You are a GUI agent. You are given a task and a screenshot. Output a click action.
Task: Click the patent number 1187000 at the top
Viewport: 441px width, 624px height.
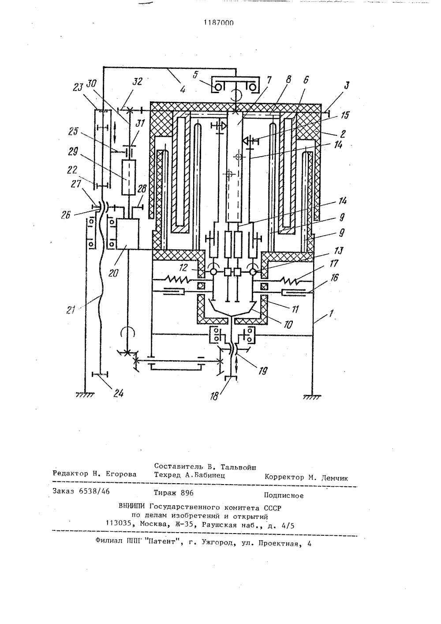click(219, 23)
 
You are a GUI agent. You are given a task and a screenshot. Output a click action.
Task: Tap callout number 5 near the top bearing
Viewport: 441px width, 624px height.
click(196, 75)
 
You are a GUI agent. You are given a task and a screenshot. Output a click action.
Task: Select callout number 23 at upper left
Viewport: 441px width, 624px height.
click(78, 87)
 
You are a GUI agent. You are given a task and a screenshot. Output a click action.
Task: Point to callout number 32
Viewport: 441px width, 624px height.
click(137, 81)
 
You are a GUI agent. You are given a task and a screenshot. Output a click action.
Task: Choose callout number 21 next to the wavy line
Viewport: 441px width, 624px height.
click(71, 309)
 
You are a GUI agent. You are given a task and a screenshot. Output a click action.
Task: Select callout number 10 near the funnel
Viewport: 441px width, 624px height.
click(288, 324)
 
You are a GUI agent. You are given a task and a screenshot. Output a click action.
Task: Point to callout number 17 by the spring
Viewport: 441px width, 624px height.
click(334, 263)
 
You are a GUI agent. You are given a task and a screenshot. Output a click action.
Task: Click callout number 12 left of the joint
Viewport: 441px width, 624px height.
click(183, 267)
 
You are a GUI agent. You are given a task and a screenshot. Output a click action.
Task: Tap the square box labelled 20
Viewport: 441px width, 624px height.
click(127, 234)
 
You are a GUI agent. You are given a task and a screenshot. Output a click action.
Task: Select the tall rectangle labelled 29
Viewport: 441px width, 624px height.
click(129, 177)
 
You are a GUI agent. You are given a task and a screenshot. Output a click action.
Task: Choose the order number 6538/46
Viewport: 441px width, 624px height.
click(94, 492)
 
